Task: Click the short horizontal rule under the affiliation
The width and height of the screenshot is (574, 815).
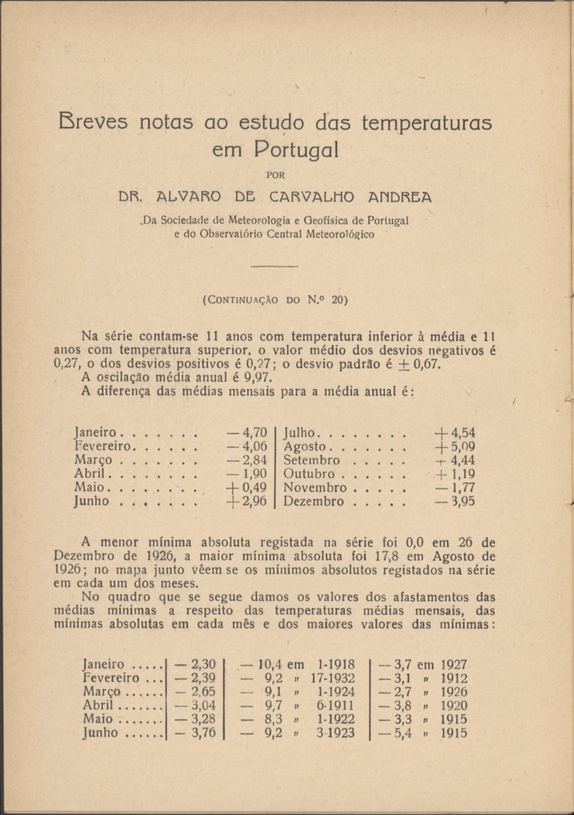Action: pyautogui.click(x=275, y=266)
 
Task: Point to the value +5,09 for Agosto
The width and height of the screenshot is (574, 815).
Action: pyautogui.click(x=455, y=447)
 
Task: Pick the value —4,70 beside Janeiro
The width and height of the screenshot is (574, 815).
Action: pyautogui.click(x=247, y=433)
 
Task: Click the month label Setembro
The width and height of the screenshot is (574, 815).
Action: pyautogui.click(x=311, y=460)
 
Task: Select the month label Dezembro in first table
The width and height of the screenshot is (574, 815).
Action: pyautogui.click(x=315, y=502)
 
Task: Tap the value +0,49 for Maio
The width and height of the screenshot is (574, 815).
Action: pyautogui.click(x=247, y=488)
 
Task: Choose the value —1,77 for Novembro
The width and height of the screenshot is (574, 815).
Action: pyautogui.click(x=456, y=488)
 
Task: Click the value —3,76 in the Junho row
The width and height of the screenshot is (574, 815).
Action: pyautogui.click(x=195, y=733)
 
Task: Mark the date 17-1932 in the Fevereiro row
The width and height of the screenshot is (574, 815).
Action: pyautogui.click(x=334, y=678)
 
